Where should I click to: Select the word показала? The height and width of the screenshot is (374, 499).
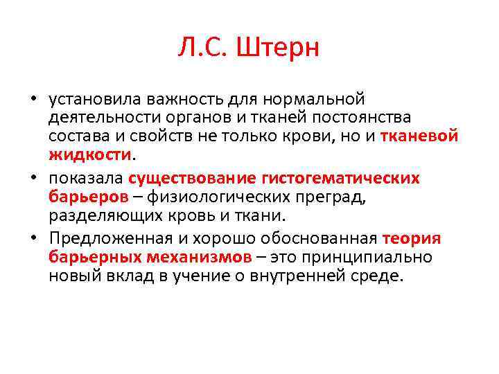pos(86,179)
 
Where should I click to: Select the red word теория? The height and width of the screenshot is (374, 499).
pos(412,240)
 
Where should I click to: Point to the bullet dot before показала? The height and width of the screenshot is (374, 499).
pos(33,179)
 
